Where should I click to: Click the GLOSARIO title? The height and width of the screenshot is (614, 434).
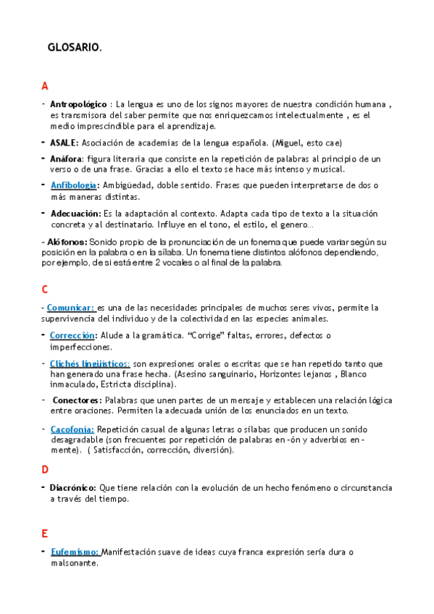pyautogui.click(x=75, y=49)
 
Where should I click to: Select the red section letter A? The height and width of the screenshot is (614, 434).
pyautogui.click(x=45, y=86)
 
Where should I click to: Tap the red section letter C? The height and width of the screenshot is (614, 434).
pyautogui.click(x=45, y=290)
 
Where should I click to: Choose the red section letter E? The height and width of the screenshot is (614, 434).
pyautogui.click(x=45, y=534)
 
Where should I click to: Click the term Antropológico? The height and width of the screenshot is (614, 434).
pyautogui.click(x=78, y=104)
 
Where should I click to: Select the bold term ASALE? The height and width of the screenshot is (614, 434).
pyautogui.click(x=64, y=143)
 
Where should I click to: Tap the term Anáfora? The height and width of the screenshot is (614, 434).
pyautogui.click(x=67, y=159)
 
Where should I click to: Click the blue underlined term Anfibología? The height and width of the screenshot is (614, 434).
pyautogui.click(x=73, y=185)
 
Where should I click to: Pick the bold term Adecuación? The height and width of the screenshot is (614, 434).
pyautogui.click(x=75, y=214)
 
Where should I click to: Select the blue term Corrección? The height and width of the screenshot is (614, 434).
pyautogui.click(x=72, y=335)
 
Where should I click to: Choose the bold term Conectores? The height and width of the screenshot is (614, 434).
pyautogui.click(x=78, y=400)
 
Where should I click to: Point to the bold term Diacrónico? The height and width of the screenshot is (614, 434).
pyautogui.click(x=72, y=487)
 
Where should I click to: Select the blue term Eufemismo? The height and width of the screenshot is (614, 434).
pyautogui.click(x=75, y=552)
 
